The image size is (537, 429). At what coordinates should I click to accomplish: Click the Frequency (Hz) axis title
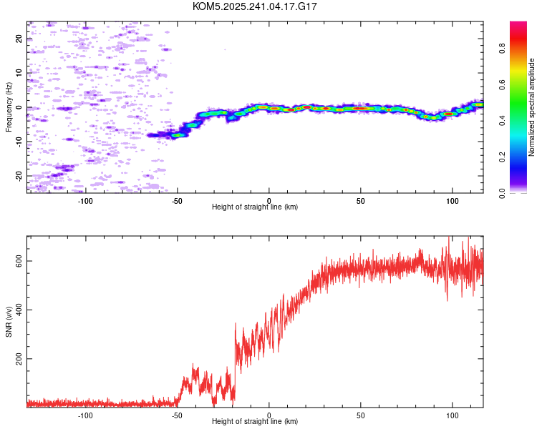click(9, 107)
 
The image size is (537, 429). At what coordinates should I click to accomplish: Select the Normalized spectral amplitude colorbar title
click(532, 107)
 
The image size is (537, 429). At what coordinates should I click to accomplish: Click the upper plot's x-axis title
click(255, 207)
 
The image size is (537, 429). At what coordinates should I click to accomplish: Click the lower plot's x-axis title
click(255, 421)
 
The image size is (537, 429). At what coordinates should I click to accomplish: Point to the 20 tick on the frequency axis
click(19, 39)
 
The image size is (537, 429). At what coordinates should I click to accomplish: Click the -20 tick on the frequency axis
click(19, 175)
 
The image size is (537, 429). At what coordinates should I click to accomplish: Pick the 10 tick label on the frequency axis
click(19, 73)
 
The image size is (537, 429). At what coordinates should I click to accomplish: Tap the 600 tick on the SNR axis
click(19, 261)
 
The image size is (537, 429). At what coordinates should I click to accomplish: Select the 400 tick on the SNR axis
click(19, 310)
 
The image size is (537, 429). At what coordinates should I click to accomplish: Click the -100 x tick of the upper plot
click(85, 200)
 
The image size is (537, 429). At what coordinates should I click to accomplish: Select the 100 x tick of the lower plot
click(453, 415)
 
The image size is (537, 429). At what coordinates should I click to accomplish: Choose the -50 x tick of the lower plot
click(177, 415)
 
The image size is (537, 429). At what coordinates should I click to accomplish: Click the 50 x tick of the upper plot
click(361, 200)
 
